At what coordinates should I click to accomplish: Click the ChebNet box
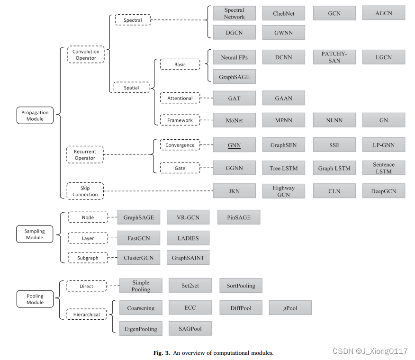pos(283,13)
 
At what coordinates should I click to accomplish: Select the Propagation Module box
pos(35,116)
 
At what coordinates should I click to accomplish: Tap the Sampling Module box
pos(35,234)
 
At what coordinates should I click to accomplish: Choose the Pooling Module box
pos(35,299)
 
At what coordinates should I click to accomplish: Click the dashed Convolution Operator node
pos(86,55)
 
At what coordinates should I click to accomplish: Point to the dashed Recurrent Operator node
pos(85,155)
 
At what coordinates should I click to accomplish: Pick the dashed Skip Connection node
pos(85,191)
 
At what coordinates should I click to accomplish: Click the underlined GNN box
pos(234,145)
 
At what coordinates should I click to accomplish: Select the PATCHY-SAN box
pos(334,57)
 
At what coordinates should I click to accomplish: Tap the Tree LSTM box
pos(283,168)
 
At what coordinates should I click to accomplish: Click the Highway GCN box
pos(283,191)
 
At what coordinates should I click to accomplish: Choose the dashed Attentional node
pos(180,98)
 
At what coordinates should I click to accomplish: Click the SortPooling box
pos(241,286)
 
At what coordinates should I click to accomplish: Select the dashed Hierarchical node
pos(86,314)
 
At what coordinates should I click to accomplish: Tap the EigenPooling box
pos(141,328)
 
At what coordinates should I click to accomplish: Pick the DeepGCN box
pos(383,191)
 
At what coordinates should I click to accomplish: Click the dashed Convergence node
pos(180,145)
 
